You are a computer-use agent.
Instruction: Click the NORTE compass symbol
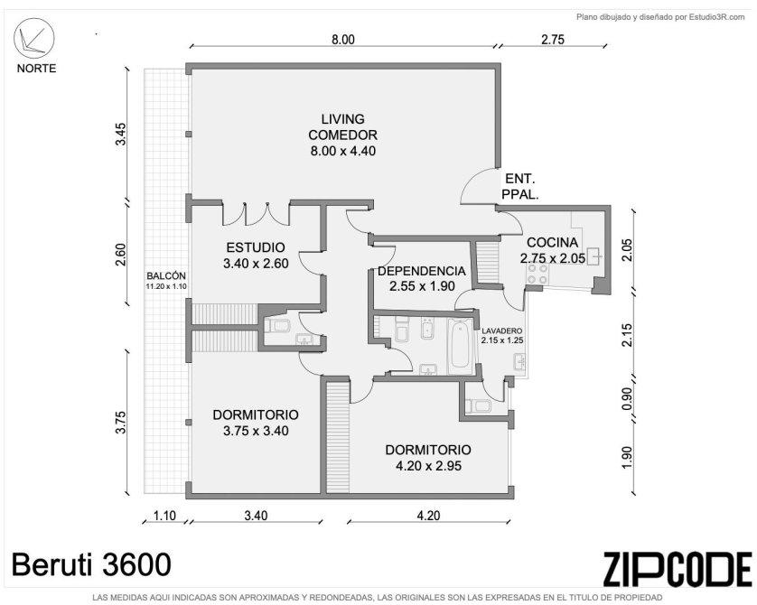point(33,39)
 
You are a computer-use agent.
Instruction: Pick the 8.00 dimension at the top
point(342,40)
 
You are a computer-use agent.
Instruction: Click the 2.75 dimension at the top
point(552,40)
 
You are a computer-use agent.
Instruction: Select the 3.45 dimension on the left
point(120,134)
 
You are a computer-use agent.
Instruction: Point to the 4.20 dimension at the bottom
point(428,516)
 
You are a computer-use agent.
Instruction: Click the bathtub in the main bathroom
point(460,346)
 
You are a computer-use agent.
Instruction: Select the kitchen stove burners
point(537,275)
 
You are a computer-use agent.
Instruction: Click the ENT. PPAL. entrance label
point(520,187)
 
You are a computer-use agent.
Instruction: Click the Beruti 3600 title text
point(91,564)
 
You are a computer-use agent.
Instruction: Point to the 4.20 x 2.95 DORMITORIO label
point(428,458)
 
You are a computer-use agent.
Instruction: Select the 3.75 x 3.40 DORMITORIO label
point(256,423)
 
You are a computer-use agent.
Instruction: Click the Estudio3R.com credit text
point(660,17)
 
